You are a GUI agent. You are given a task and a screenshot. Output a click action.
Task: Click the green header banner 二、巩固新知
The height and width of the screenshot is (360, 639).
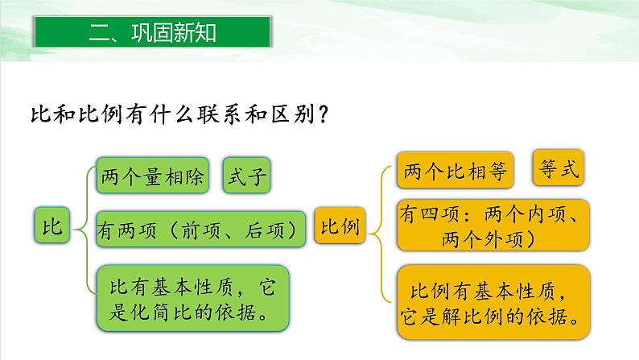[154, 33]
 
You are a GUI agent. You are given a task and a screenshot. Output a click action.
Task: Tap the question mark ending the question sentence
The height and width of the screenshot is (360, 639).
[320, 114]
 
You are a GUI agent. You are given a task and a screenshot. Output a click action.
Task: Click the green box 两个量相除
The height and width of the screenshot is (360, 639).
[153, 175]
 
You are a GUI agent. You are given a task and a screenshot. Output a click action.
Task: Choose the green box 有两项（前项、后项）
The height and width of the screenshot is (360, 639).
[201, 230]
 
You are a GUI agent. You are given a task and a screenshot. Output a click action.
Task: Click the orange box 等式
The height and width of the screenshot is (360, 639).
[557, 168]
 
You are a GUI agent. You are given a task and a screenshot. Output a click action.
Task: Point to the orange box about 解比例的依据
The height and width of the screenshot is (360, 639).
[493, 299]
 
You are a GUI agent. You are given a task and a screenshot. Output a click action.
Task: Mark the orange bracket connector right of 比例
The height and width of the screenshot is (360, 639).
[378, 227]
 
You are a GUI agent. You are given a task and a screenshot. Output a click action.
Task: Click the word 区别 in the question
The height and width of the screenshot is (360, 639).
[289, 114]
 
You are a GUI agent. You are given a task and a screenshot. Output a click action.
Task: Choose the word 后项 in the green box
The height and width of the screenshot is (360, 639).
[266, 230]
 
